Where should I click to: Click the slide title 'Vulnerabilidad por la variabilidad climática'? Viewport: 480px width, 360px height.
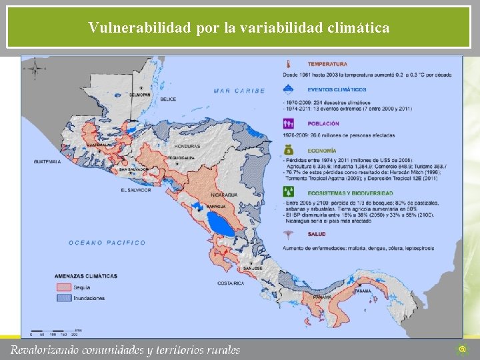[239, 28]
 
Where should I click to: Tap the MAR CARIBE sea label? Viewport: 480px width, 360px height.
[239, 91]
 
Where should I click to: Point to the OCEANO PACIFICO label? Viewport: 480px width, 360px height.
[107, 243]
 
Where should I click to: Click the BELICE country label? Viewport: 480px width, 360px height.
[168, 99]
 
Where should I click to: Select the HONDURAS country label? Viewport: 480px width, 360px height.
[187, 146]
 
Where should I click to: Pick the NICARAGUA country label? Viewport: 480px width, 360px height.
[224, 195]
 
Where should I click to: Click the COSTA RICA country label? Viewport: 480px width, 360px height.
[230, 283]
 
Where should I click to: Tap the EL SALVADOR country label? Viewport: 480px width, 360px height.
[136, 190]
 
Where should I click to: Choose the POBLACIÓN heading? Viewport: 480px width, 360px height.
[323, 123]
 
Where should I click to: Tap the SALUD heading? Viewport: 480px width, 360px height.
[317, 234]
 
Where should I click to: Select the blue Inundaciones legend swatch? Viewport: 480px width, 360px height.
[64, 298]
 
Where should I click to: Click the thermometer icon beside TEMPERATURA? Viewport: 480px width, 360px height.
[288, 65]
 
